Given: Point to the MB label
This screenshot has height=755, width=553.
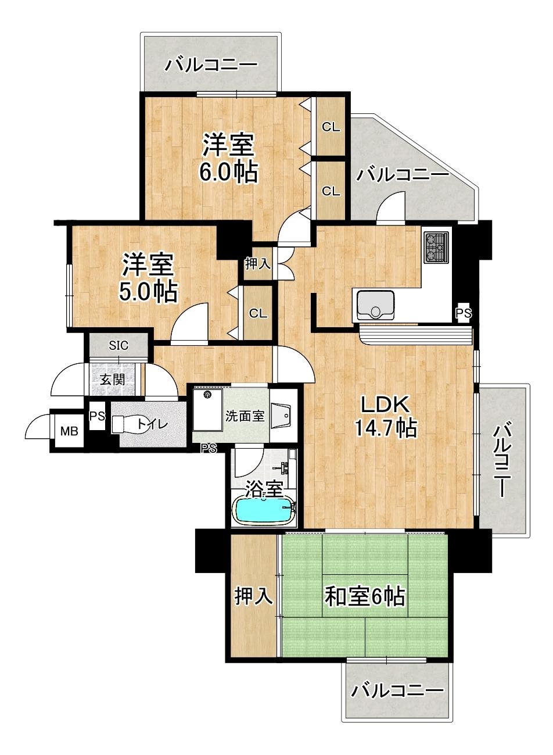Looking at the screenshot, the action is coord(69,431).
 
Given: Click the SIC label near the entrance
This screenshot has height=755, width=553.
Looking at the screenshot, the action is coord(119,345).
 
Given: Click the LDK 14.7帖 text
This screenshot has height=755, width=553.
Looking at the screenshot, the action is coord(386,417).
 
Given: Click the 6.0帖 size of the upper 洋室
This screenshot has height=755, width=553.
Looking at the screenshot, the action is coord(229,173).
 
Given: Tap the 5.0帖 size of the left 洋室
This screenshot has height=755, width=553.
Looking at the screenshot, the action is coord(148,292).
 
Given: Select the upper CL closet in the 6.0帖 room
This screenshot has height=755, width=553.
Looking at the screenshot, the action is coord(331,127).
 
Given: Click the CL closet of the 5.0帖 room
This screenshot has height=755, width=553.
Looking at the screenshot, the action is coord(258,314).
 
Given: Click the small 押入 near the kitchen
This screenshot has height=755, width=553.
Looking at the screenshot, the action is coord(258,264).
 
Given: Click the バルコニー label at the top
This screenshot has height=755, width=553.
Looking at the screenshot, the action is coord(211,65).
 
